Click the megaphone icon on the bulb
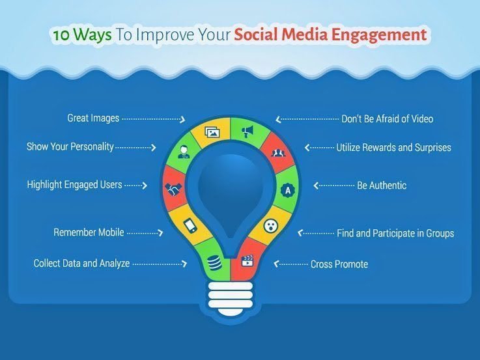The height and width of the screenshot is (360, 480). [x=247, y=132]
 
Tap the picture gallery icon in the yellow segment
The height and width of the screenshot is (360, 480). [x=212, y=132]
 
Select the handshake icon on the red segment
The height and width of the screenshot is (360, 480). [x=174, y=189]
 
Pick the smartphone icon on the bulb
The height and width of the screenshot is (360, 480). [x=190, y=226]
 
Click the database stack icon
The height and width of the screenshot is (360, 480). [x=214, y=263]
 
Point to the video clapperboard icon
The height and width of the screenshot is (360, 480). [x=247, y=261]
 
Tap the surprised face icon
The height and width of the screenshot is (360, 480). [x=271, y=226]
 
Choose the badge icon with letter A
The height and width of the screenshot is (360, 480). [x=288, y=190]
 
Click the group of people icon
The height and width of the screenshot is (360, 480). [x=278, y=152]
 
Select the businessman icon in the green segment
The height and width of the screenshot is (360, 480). [x=184, y=152]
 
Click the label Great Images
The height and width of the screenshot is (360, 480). [x=93, y=118]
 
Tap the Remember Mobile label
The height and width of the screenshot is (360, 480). [x=89, y=232]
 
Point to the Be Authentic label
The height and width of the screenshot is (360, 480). [x=382, y=186]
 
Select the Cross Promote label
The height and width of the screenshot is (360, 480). [x=339, y=264]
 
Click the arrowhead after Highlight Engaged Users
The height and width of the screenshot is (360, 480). [x=145, y=186]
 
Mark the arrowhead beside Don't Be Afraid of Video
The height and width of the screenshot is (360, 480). [x=278, y=119]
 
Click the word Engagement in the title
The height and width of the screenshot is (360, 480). [x=379, y=35]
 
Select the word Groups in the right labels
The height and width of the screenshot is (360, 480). [x=440, y=233]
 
